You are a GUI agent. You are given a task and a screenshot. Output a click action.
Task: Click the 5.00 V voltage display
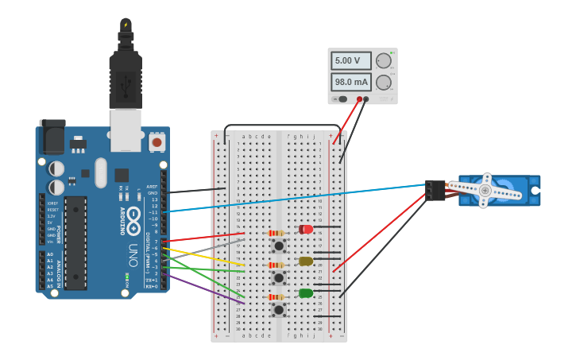coord(351,61)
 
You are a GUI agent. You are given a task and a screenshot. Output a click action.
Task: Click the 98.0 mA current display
coord(351,82)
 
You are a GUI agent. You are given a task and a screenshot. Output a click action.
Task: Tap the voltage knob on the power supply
coord(384,61)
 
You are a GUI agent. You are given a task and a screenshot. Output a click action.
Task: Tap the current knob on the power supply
coord(384,82)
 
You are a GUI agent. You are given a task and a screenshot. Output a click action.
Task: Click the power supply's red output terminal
coord(359,99)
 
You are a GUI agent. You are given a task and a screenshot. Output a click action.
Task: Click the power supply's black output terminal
coord(366,99)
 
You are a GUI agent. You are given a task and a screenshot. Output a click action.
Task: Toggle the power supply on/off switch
coord(342,99)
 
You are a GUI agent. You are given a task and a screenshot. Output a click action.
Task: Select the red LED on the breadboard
coord(306,230)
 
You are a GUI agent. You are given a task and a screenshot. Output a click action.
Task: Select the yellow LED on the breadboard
coord(306,261)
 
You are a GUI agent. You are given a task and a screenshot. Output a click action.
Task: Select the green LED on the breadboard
coord(306,293)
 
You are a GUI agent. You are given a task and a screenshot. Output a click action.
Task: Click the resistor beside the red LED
coord(276,233)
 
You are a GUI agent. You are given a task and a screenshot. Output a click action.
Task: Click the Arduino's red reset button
coord(157,142)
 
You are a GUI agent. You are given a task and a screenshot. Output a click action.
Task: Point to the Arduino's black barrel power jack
coord(52,137)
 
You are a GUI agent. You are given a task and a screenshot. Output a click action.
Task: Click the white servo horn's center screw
coord(485,191)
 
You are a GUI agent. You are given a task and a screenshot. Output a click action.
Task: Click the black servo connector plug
coord(435,190)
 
